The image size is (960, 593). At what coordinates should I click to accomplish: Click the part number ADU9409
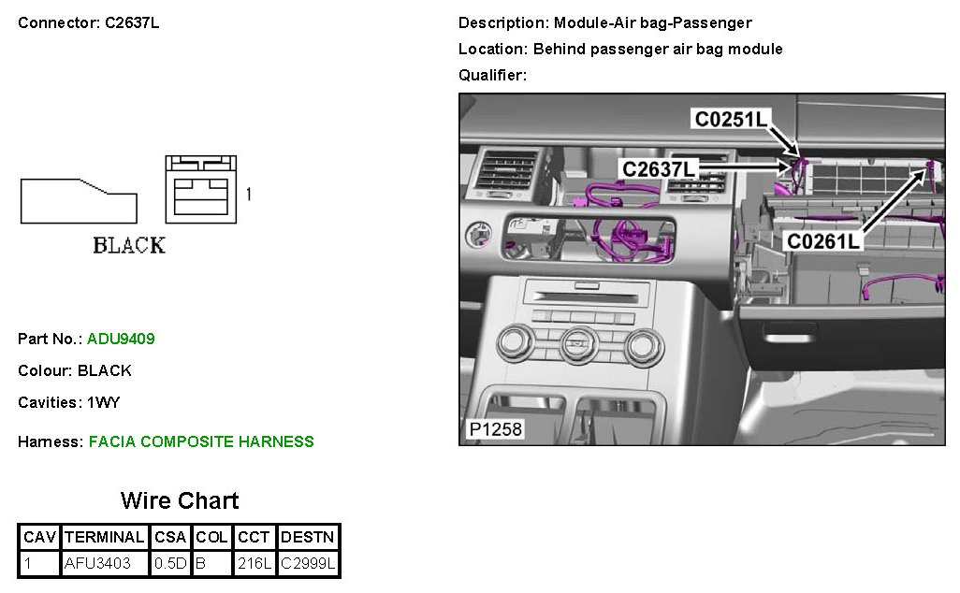tap(121, 339)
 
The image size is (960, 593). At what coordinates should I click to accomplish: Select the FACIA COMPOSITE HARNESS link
tap(201, 441)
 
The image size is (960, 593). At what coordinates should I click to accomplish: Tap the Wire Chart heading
tap(179, 500)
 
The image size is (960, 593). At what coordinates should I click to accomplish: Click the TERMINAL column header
tap(103, 538)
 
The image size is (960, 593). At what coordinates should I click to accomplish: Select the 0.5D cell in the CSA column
tap(170, 564)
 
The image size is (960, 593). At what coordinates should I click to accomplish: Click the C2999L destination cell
tap(308, 564)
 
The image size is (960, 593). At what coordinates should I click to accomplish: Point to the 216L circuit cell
tap(254, 564)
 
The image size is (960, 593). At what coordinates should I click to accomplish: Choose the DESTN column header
tap(308, 538)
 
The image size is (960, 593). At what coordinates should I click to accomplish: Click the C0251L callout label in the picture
tap(731, 119)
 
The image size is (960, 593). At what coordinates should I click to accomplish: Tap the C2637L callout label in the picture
tap(660, 168)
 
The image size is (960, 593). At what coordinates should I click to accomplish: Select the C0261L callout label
tap(823, 241)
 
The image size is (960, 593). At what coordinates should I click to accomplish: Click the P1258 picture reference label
tap(495, 430)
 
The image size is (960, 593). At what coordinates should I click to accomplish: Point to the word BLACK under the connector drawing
tap(129, 246)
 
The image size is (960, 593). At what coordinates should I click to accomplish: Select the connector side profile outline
tap(79, 201)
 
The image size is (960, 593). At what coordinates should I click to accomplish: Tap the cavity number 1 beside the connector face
tap(248, 195)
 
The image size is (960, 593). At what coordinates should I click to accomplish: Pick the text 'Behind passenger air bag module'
tap(658, 49)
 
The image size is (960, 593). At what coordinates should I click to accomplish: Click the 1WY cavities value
tap(103, 402)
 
